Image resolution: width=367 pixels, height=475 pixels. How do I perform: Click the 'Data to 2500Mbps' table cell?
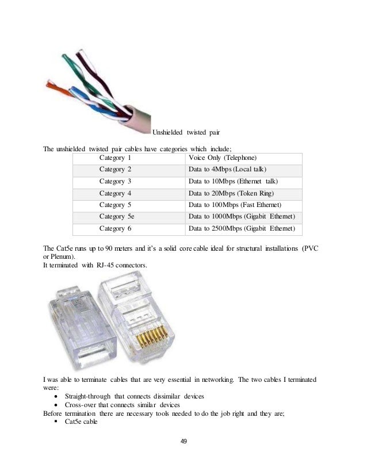[x=242, y=228]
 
